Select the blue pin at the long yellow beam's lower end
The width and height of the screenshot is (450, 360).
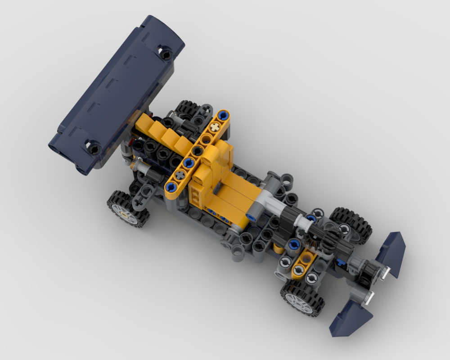tap(171, 186)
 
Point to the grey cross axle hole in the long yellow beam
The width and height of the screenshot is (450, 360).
tap(181, 173)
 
